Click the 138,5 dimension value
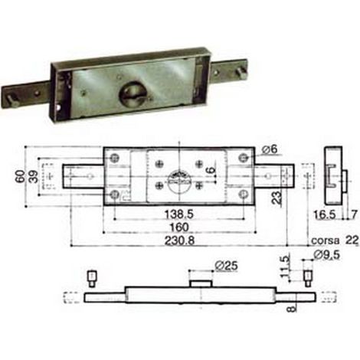(x=178, y=214)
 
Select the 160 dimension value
(x=179, y=227)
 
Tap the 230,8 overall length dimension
(x=179, y=241)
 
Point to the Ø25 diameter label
(x=226, y=266)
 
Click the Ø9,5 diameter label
(x=327, y=254)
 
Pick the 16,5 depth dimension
(x=325, y=215)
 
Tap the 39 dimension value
(x=34, y=176)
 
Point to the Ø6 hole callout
(x=270, y=149)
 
